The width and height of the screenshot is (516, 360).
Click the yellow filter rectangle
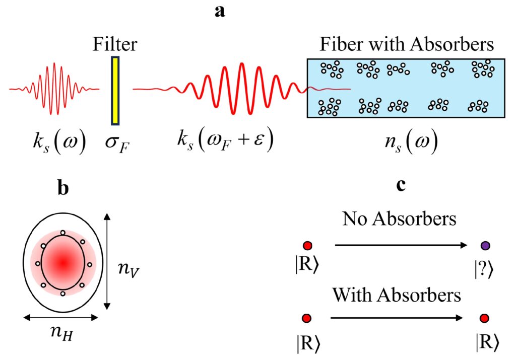pos(115,91)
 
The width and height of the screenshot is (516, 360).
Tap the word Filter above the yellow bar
pos(115,45)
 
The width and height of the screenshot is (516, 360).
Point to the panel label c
pos(401,185)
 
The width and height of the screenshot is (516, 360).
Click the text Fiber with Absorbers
pos(406,45)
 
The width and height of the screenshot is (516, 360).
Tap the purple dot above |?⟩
pos(485,246)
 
